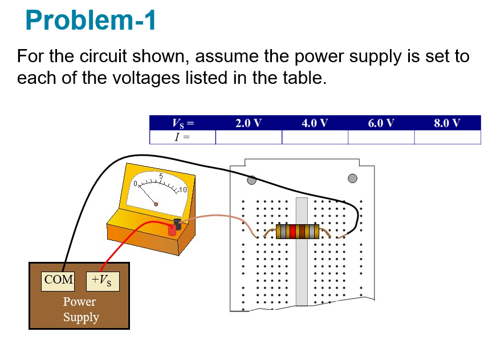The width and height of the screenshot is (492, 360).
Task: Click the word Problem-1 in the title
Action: pyautogui.click(x=91, y=21)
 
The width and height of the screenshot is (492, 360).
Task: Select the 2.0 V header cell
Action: pyautogui.click(x=249, y=123)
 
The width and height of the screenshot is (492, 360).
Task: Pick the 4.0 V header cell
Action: pyautogui.click(x=315, y=123)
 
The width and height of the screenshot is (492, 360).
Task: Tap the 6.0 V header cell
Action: pyautogui.click(x=381, y=123)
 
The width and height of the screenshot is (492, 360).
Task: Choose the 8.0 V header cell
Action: pyautogui.click(x=447, y=123)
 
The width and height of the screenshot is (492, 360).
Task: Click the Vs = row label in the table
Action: pyautogui.click(x=182, y=123)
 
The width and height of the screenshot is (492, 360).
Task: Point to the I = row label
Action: pyautogui.click(x=182, y=137)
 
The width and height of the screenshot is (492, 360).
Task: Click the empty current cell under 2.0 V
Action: pyautogui.click(x=249, y=137)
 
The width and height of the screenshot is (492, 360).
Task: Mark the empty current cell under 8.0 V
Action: pyautogui.click(x=447, y=137)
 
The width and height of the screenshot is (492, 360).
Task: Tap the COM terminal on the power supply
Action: pyautogui.click(x=58, y=280)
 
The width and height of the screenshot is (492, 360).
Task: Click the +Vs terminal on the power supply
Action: pyautogui.click(x=103, y=280)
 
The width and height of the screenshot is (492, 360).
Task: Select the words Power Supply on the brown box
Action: pyautogui.click(x=80, y=309)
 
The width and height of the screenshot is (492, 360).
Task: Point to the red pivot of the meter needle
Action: pyautogui.click(x=156, y=204)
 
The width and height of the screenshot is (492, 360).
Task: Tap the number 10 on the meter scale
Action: pyautogui.click(x=182, y=189)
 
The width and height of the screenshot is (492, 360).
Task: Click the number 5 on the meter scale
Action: pyautogui.click(x=161, y=176)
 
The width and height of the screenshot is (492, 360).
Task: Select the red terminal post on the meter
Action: pyautogui.click(x=172, y=231)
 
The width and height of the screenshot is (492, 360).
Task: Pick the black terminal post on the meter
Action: pyautogui.click(x=178, y=224)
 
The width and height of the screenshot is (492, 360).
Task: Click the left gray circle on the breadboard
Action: pyautogui.click(x=251, y=180)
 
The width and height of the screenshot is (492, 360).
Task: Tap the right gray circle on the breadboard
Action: pyautogui.click(x=352, y=179)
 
